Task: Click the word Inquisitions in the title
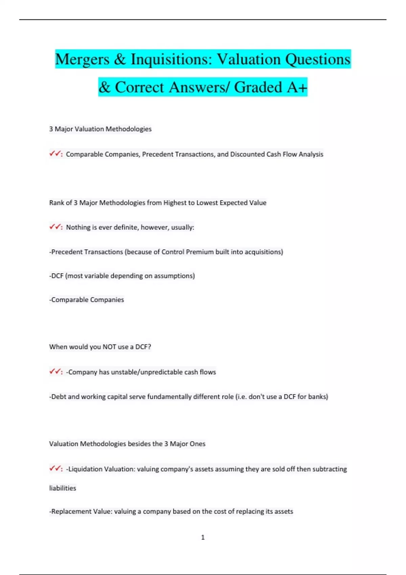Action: click(171, 60)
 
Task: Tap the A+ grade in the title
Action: click(297, 87)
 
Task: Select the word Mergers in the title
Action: click(82, 60)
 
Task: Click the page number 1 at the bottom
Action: click(203, 537)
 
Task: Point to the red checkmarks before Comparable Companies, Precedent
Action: click(55, 154)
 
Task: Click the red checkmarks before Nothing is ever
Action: click(55, 227)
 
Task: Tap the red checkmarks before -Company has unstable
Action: click(55, 372)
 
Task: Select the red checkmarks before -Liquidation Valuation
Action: click(55, 469)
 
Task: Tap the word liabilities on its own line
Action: click(63, 488)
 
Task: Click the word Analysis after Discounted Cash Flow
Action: click(311, 154)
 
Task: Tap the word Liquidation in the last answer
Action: click(85, 469)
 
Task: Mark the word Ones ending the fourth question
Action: click(198, 444)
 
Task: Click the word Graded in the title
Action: click(258, 87)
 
